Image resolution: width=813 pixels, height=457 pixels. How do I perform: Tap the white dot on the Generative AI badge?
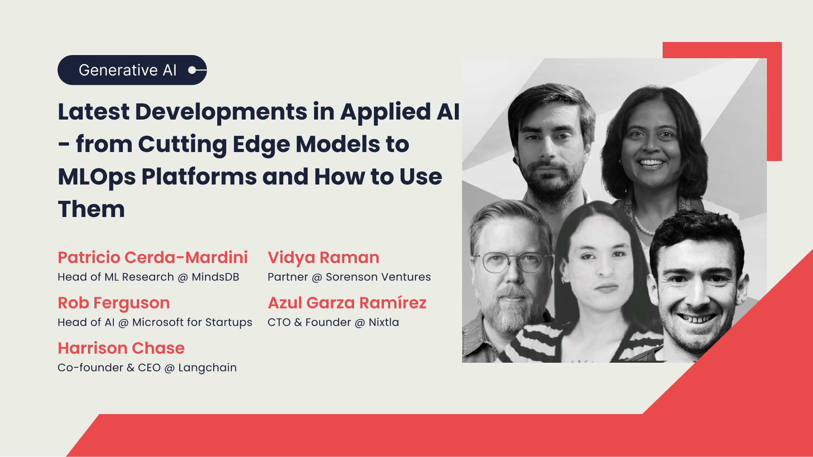(192, 70)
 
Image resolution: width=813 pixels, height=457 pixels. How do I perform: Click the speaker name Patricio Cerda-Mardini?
(153, 258)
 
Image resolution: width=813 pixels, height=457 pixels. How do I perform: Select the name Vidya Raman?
(323, 258)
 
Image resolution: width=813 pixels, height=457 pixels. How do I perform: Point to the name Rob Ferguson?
(114, 303)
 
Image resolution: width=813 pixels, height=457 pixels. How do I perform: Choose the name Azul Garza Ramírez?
(347, 303)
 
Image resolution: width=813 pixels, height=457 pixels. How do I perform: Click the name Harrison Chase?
(121, 348)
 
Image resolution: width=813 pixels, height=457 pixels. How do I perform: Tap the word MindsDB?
(215, 277)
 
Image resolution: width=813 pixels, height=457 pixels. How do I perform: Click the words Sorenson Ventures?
(378, 277)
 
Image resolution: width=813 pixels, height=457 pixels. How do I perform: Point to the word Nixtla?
(383, 323)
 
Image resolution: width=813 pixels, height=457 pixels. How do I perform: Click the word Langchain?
(207, 368)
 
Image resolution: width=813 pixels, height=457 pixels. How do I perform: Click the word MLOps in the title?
(97, 177)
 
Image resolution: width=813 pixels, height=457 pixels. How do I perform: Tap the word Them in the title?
(91, 209)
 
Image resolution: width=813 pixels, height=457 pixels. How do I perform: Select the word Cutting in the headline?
(182, 144)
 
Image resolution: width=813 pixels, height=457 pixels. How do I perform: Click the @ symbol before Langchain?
(169, 369)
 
